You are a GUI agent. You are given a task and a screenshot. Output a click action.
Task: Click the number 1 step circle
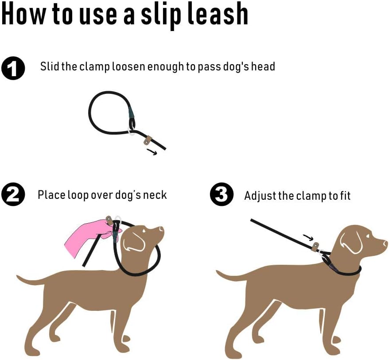[x=13, y=68]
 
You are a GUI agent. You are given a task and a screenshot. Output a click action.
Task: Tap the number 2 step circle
[x=13, y=196]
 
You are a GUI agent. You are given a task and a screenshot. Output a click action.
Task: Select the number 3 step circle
[x=221, y=196]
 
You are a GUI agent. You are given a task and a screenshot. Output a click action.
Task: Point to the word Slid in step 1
[x=49, y=67]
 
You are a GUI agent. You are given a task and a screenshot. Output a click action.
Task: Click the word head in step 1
[x=263, y=67]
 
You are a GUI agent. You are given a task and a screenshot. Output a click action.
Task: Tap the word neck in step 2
[x=154, y=195]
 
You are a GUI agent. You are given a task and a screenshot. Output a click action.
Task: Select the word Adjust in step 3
[x=260, y=196]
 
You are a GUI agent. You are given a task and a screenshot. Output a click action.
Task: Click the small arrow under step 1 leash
[x=152, y=152]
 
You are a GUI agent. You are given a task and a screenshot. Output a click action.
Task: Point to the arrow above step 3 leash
[x=307, y=238]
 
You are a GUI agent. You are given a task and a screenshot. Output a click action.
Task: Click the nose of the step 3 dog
[x=385, y=243]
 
